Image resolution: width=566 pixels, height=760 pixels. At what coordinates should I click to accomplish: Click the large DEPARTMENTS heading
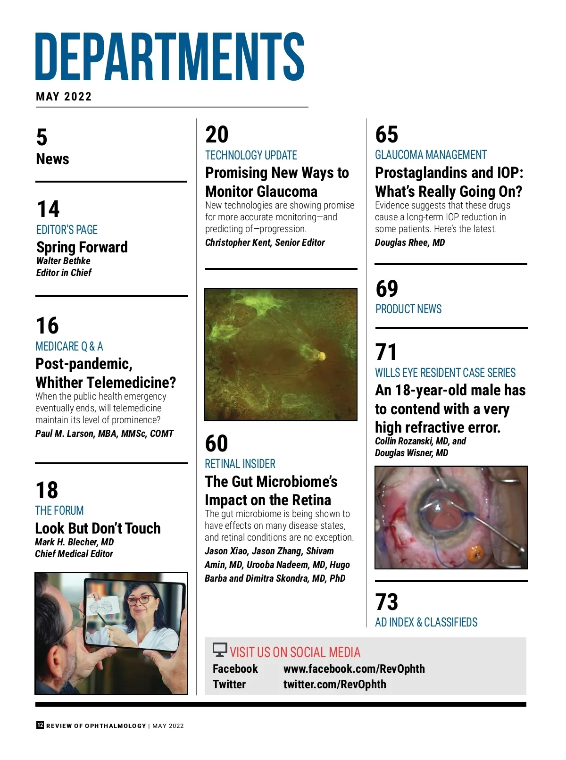pyautogui.click(x=170, y=57)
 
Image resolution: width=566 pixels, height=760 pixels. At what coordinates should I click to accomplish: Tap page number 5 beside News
pyautogui.click(x=42, y=138)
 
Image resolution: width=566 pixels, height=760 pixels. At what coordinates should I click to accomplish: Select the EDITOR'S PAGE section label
pyautogui.click(x=67, y=230)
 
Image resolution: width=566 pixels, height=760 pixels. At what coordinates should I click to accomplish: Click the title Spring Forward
pyautogui.click(x=82, y=247)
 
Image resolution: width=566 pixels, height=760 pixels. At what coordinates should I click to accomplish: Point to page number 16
pyautogui.click(x=47, y=326)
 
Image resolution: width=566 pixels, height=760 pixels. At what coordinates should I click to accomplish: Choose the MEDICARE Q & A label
pyautogui.click(x=69, y=346)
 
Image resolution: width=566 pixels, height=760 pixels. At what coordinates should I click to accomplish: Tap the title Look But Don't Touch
pyautogui.click(x=98, y=528)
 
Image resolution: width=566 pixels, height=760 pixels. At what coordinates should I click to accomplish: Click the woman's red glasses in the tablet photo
pyautogui.click(x=139, y=600)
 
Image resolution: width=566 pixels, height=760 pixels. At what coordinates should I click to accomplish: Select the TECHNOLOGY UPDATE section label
pyautogui.click(x=251, y=155)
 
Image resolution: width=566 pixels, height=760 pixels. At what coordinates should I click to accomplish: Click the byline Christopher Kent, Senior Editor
pyautogui.click(x=265, y=242)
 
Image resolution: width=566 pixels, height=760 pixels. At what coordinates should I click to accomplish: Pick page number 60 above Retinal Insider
pyautogui.click(x=216, y=443)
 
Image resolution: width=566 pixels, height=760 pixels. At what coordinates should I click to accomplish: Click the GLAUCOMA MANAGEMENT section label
pyautogui.click(x=431, y=155)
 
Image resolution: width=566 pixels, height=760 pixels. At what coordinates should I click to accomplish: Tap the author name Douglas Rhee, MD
pyautogui.click(x=410, y=242)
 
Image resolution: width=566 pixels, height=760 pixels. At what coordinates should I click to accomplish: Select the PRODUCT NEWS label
pyautogui.click(x=408, y=309)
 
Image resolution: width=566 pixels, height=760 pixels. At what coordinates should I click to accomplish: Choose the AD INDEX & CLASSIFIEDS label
pyautogui.click(x=426, y=622)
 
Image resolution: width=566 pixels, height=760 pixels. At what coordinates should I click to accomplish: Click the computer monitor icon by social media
pyautogui.click(x=220, y=650)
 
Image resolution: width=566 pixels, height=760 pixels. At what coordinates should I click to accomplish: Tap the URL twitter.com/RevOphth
pyautogui.click(x=334, y=685)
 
